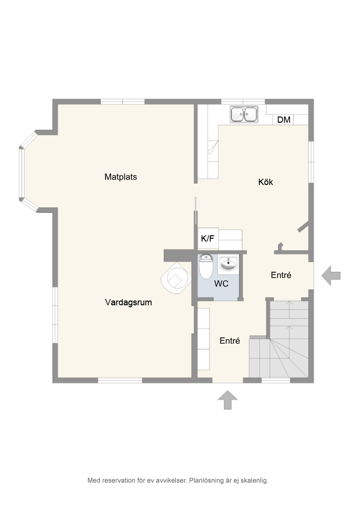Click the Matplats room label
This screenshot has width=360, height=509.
coord(120,177)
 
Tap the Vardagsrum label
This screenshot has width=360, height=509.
coord(128,302)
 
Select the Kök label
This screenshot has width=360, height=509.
coord(265,182)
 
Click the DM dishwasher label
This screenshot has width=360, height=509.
coord(284,120)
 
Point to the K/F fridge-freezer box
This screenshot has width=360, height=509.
coord(208,239)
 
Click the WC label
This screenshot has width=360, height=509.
coord(221,284)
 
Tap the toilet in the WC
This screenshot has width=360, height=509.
coord(206,266)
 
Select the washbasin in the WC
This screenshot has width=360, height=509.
coord(229,265)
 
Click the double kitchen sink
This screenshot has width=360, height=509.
coord(244,114)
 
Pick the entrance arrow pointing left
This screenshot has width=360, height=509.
coord(331,276)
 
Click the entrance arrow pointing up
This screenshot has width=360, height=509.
coord(228,400)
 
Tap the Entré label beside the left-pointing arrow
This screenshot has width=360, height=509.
coord(281,275)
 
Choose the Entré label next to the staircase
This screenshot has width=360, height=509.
coord(230,340)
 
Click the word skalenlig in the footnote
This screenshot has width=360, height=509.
coord(255,480)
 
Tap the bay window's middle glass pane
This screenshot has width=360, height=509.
coord(22,173)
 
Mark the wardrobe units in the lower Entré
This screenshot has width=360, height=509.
coord(204,339)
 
